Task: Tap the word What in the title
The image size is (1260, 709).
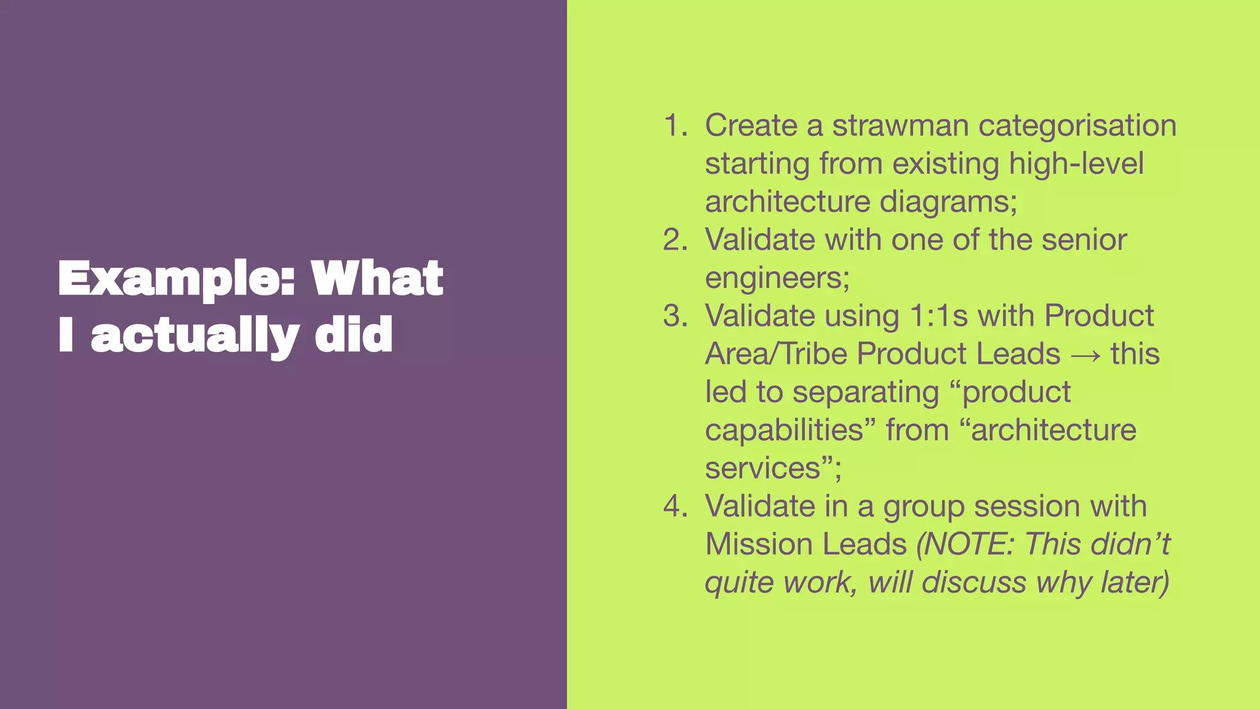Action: (x=377, y=278)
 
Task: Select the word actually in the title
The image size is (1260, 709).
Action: (x=195, y=335)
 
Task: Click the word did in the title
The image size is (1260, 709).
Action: (x=353, y=335)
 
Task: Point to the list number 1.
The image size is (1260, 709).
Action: (x=676, y=126)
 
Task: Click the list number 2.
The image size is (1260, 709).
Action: (x=676, y=240)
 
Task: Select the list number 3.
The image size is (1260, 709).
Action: (x=676, y=316)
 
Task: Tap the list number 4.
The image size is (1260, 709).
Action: (x=676, y=507)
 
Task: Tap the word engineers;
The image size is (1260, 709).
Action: (x=777, y=278)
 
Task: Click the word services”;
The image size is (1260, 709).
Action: (x=773, y=468)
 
